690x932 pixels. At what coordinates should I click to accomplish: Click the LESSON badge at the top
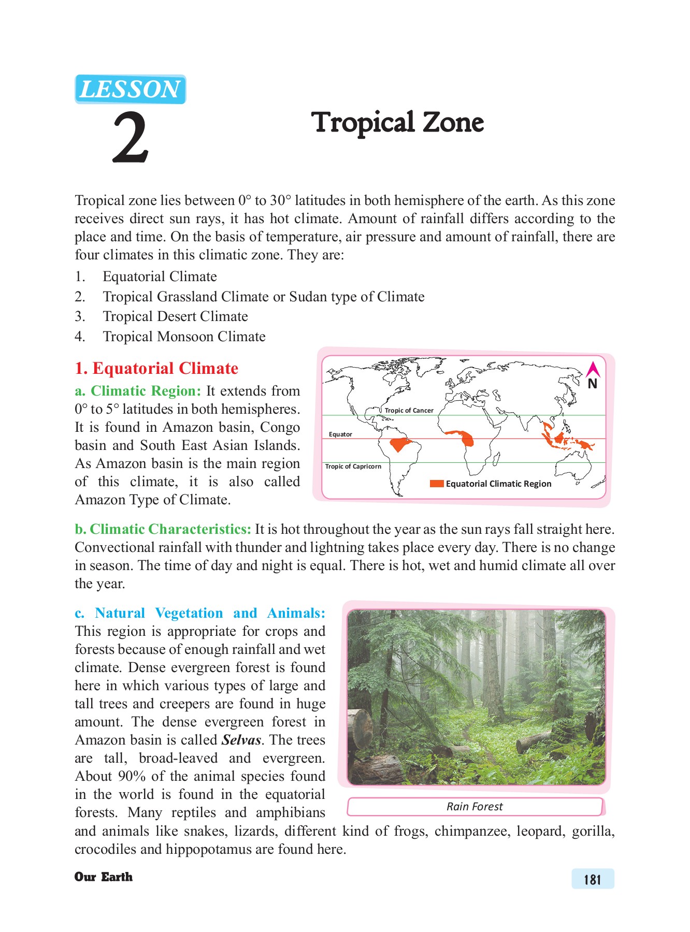[130, 89]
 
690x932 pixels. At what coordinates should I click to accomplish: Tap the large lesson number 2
[131, 138]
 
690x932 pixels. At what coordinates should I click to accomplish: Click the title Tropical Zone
[397, 123]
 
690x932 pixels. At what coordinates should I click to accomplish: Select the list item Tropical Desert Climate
[175, 316]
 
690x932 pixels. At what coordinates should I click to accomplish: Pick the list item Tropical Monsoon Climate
[184, 337]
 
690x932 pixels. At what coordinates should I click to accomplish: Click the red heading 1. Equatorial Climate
[156, 368]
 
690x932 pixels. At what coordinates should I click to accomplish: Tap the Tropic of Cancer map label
[409, 410]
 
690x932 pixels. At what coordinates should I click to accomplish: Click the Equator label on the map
[340, 434]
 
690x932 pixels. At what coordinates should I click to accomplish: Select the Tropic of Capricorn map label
[353, 466]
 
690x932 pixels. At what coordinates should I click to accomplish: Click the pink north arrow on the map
[593, 370]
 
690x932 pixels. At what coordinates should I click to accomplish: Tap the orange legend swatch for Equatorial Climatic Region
[437, 484]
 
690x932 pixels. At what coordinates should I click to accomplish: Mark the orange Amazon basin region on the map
[400, 444]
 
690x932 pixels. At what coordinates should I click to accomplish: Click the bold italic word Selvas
[241, 740]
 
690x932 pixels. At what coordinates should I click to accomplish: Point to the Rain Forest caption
[475, 806]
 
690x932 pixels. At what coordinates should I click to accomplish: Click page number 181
[593, 879]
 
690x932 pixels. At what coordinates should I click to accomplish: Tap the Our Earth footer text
[104, 877]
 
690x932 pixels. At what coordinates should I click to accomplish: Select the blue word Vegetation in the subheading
[189, 613]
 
